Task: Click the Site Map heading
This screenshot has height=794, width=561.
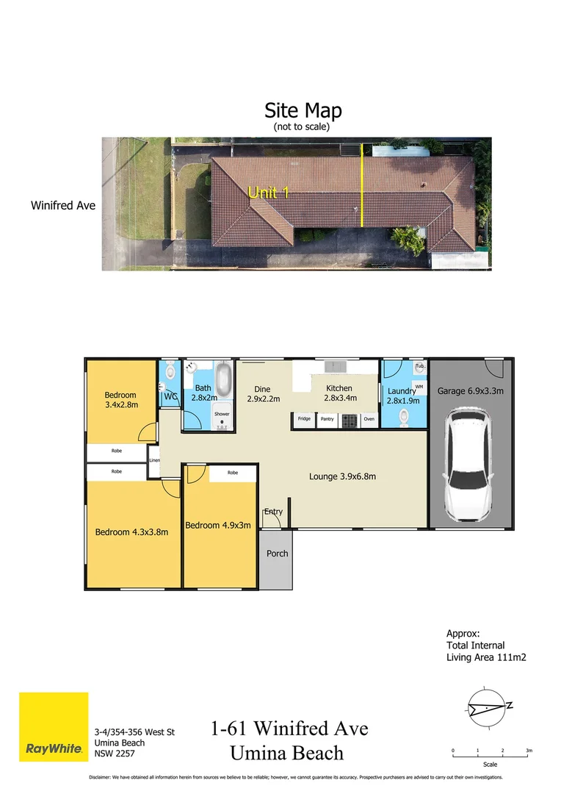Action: [303, 111]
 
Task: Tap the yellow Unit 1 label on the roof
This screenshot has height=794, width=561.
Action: [268, 193]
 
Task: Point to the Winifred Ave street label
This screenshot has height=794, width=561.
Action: [63, 206]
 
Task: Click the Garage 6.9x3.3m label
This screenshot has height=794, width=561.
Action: [471, 391]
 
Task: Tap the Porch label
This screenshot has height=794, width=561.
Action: [277, 554]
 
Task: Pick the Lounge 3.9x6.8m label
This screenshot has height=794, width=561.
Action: [342, 476]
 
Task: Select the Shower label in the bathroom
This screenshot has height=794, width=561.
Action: [222, 414]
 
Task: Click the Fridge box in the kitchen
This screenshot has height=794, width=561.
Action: [304, 419]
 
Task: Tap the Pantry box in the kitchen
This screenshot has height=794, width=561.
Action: [327, 419]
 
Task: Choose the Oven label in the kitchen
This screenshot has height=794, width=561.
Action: [369, 419]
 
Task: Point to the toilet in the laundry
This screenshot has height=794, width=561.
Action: [402, 416]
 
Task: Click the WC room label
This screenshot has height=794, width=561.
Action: [170, 397]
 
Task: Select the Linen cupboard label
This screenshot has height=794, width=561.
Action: [154, 461]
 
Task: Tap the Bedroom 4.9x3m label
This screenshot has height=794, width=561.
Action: [218, 525]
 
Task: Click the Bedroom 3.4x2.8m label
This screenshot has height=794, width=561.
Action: [121, 399]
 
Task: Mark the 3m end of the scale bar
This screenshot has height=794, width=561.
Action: [529, 751]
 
